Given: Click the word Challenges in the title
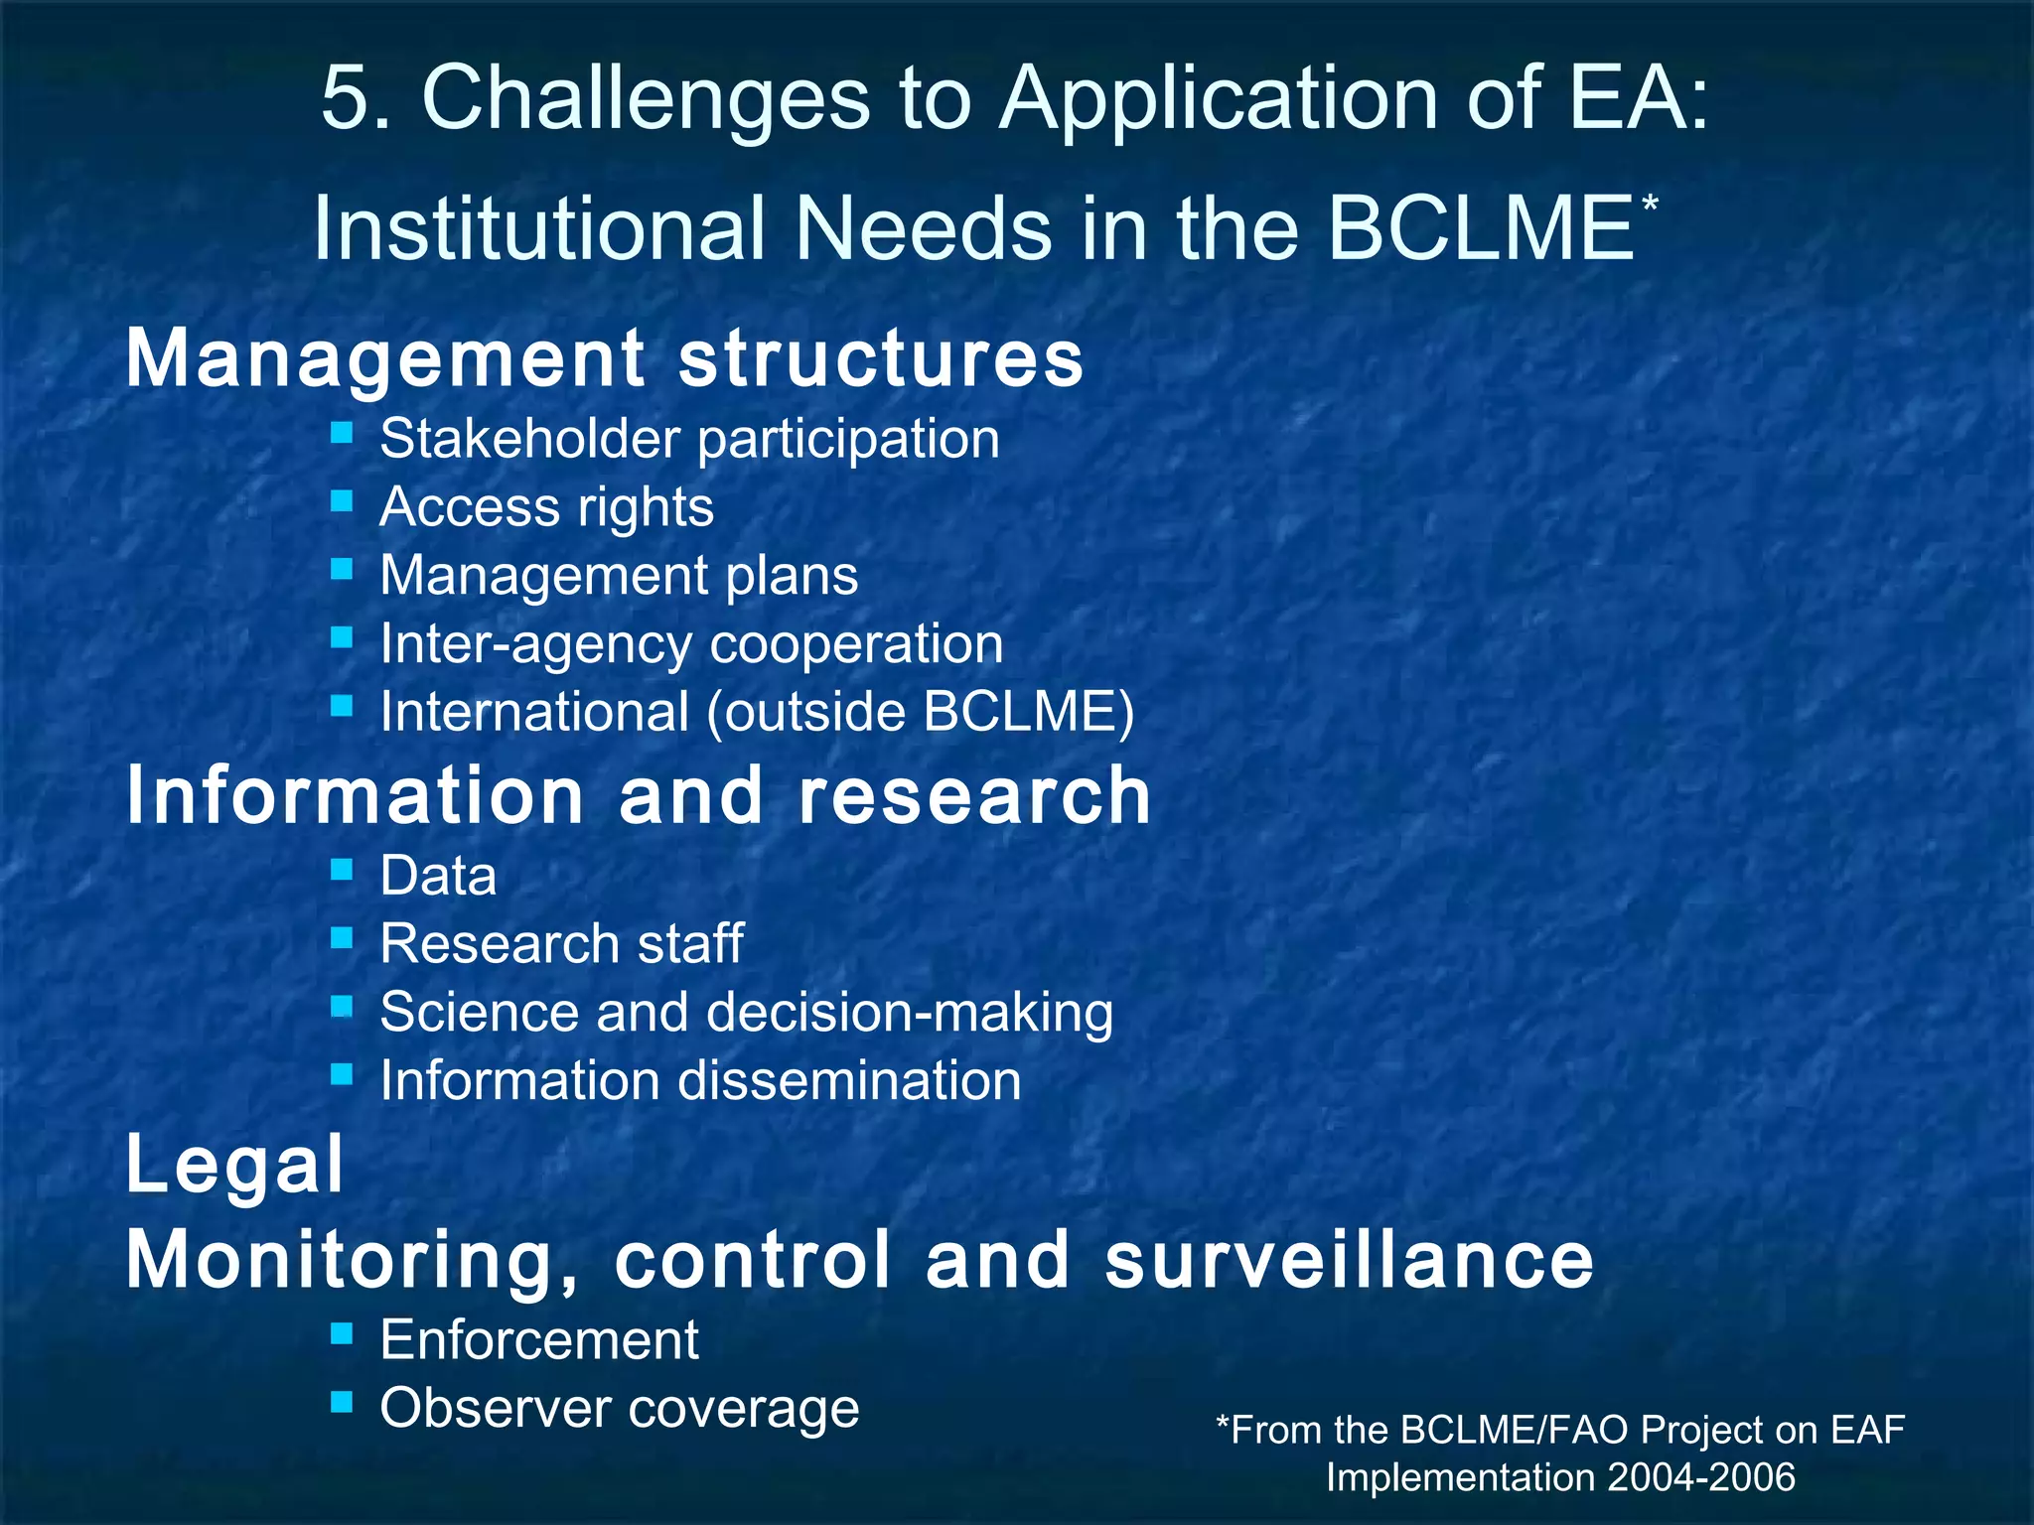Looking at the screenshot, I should pos(646,99).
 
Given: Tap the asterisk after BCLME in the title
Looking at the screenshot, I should pos(1650,205).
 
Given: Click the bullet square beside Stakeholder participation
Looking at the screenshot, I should pos(342,433).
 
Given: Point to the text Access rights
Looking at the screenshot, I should pos(546,507).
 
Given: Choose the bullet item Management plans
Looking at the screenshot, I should pos(619,576).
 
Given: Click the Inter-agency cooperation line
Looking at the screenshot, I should pos(691,644).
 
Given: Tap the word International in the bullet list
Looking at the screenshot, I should pos(534,712).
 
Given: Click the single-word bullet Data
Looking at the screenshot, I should pos(438,877).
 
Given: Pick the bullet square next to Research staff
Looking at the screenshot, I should pos(342,937).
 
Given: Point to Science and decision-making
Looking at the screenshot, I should pos(746,1013).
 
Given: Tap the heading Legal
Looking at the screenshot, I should pos(234,1164).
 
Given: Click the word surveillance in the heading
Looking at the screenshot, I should pos(1349,1260).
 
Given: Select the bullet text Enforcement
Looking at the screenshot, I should pos(539,1340).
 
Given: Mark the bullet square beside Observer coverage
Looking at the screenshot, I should pos(342,1402).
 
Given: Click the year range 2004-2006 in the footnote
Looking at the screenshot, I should pos(1700,1477).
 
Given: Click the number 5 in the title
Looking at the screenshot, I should pos(344,99).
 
